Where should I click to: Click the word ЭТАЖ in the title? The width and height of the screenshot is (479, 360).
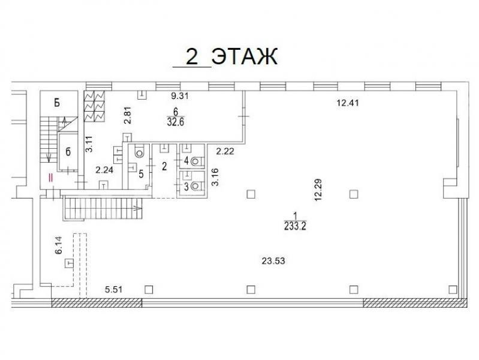click(x=245, y=56)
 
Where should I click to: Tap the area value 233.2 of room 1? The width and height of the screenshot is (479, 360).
click(x=295, y=226)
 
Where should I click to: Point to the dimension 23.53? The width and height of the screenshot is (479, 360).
click(x=273, y=261)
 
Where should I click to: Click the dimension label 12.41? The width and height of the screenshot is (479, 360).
click(x=348, y=103)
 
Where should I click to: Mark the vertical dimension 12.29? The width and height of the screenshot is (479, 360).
click(x=318, y=190)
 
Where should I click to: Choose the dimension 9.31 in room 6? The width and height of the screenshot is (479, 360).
click(x=180, y=96)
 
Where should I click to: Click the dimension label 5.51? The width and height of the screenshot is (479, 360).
click(x=114, y=289)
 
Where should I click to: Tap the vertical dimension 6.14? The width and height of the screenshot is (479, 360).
click(x=58, y=245)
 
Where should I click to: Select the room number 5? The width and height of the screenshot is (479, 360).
click(x=141, y=174)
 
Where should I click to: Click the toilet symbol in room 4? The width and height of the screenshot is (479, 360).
click(x=197, y=161)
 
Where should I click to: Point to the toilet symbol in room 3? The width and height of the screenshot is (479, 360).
click(x=197, y=185)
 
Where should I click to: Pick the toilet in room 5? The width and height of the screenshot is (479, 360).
click(x=140, y=152)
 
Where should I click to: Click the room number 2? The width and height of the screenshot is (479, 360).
click(x=164, y=167)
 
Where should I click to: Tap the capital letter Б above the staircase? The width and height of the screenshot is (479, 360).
click(x=57, y=103)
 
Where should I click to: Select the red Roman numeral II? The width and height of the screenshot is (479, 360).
click(x=52, y=177)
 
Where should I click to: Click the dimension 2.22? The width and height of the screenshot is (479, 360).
click(x=225, y=151)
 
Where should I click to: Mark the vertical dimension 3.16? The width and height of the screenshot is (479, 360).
click(x=215, y=177)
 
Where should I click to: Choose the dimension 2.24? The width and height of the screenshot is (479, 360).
click(x=104, y=170)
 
